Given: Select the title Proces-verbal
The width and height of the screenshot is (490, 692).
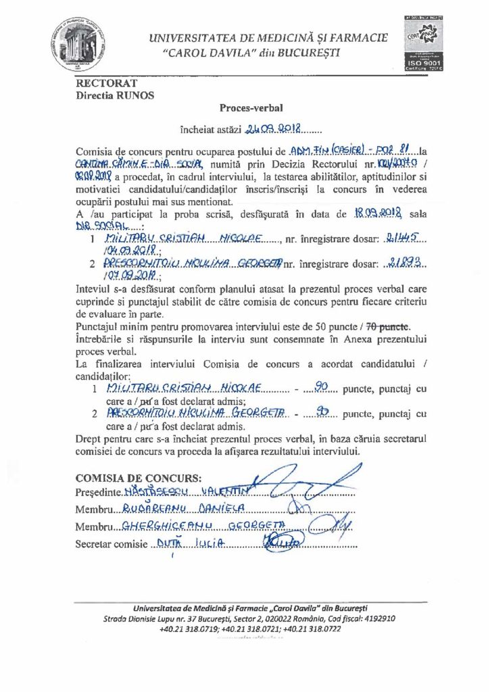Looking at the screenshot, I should [x=245, y=107].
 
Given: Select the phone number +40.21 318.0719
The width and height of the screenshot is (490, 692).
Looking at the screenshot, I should [x=189, y=628].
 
